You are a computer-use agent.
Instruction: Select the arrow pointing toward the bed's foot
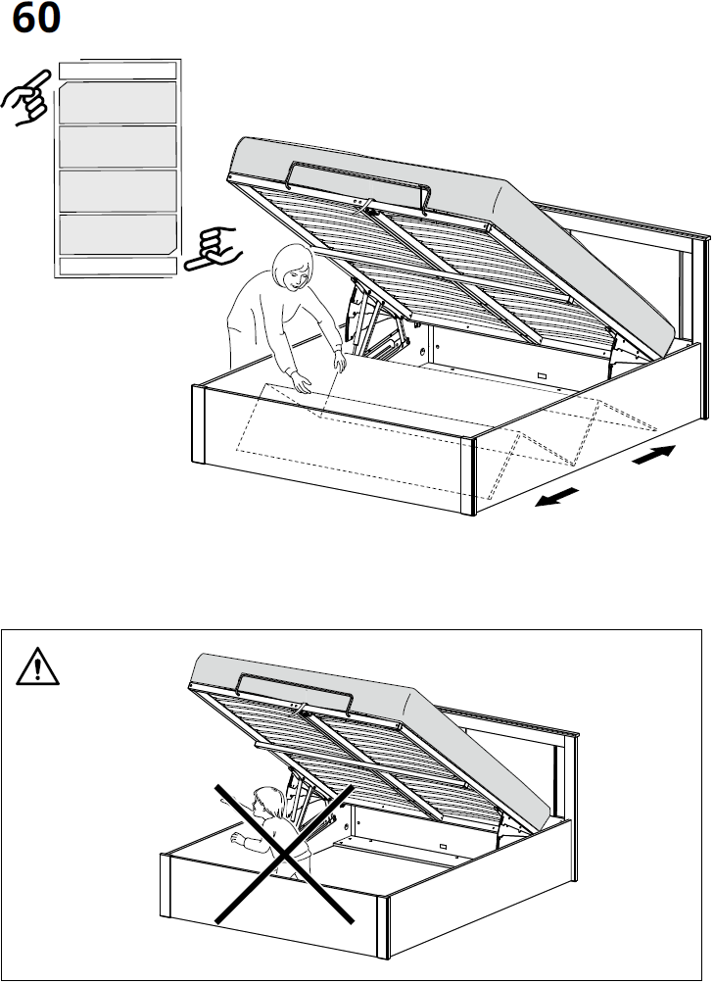tap(556, 497)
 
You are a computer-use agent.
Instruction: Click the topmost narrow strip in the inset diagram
tap(118, 70)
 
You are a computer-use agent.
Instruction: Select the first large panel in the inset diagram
tap(118, 102)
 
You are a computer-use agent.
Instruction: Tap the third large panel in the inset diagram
tap(118, 190)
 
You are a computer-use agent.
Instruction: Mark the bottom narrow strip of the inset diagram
tap(118, 266)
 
